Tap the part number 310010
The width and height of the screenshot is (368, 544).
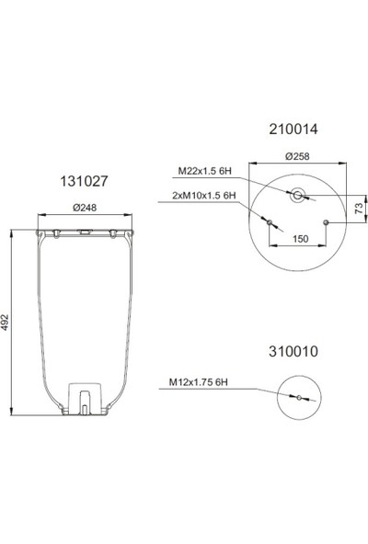pyautogui.click(x=293, y=351)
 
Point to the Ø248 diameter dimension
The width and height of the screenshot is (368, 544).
pyautogui.click(x=85, y=209)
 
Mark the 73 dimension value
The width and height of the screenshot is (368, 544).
pyautogui.click(x=360, y=210)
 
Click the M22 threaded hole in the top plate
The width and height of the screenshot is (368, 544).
pyautogui.click(x=296, y=195)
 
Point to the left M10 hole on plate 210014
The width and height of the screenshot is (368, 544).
pyautogui.click(x=269, y=222)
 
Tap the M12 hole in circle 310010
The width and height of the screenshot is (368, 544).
pyautogui.click(x=297, y=397)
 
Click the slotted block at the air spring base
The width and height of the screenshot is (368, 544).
pyautogui.click(x=84, y=397)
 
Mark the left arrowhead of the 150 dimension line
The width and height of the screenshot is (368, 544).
pyautogui.click(x=270, y=246)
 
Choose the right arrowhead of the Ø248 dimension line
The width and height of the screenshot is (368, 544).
pyautogui.click(x=130, y=216)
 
